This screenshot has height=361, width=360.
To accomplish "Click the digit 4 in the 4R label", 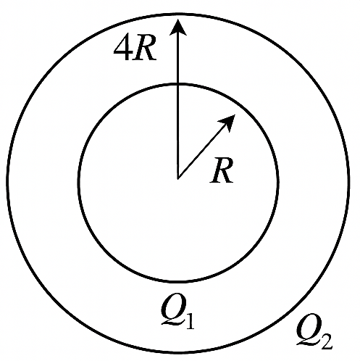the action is [123, 50].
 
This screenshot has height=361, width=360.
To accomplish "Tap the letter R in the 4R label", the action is [144, 50].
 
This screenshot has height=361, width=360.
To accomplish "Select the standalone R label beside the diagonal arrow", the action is [222, 170].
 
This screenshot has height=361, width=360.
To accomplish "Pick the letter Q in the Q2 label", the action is [308, 328].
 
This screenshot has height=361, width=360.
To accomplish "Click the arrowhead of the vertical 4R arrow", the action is [178, 27].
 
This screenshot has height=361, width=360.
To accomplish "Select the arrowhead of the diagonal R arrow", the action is [228, 123].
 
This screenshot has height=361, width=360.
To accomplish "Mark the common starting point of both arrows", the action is [178, 179].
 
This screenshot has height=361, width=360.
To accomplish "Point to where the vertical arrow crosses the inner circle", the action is [178, 84].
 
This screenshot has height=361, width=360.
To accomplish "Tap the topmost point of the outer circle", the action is [178, 14].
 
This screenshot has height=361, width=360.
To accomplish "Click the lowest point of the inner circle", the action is [178, 281].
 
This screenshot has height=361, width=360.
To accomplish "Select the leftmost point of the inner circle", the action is [79, 183].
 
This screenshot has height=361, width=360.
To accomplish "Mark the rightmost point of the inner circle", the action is [278, 183].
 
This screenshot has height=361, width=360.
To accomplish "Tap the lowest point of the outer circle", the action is [178, 352].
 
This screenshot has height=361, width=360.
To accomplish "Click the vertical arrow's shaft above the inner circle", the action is [178, 59].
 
